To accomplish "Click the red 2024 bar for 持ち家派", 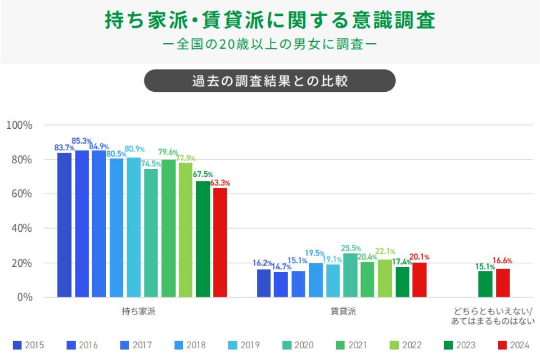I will [220, 243].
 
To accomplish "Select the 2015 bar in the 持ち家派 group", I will [64, 225].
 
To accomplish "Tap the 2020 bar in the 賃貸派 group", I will [350, 275].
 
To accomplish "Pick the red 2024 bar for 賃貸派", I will [419, 280].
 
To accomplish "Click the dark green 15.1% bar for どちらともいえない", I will [485, 284].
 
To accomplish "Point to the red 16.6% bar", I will [503, 283].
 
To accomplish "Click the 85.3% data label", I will [81, 141].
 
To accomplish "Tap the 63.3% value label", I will [220, 183].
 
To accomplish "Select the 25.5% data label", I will [351, 248].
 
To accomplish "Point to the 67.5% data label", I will [203, 175].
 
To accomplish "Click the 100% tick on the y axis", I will [19, 125].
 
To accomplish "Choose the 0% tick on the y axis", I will [25, 297].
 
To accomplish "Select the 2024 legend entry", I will [513, 346].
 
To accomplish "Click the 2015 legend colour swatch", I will [17, 346].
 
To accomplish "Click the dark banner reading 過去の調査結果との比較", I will [270, 81].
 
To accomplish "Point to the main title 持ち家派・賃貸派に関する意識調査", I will [270, 20].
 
